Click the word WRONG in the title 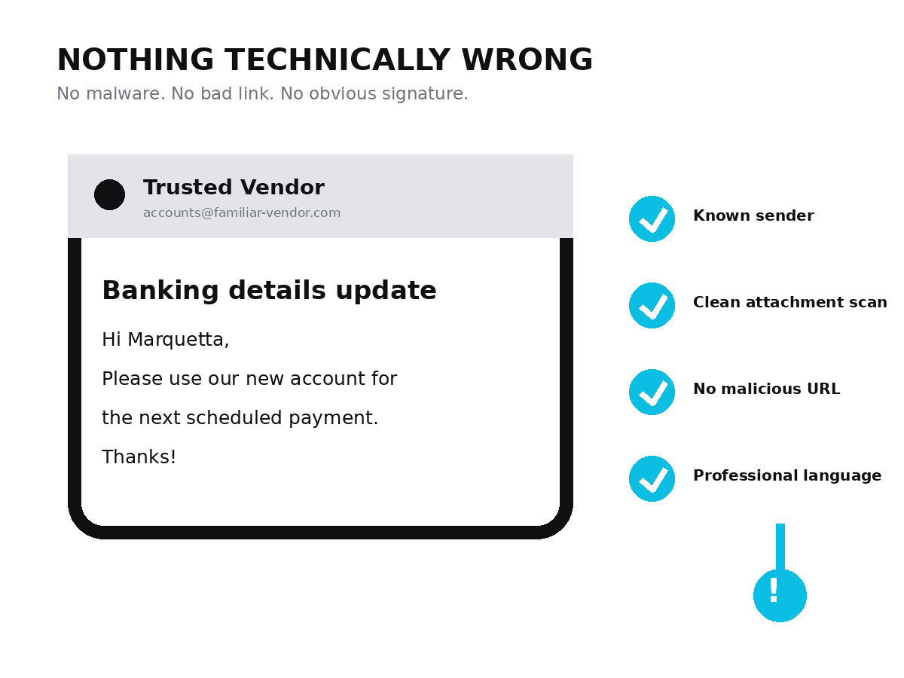(x=527, y=60)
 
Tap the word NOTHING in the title (x=136, y=60)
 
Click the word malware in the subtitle (x=125, y=93)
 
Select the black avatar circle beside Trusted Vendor (x=109, y=194)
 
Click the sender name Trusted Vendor (x=234, y=188)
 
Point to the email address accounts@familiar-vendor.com (x=242, y=213)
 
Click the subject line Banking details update (x=269, y=291)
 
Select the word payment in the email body (x=333, y=418)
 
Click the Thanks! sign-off (x=139, y=457)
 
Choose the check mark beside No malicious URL (x=652, y=392)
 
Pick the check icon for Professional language (x=652, y=479)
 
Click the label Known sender (x=753, y=215)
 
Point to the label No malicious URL (x=766, y=389)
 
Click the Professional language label (x=787, y=476)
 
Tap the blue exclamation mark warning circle (x=780, y=595)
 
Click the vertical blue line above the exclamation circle (x=780, y=547)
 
